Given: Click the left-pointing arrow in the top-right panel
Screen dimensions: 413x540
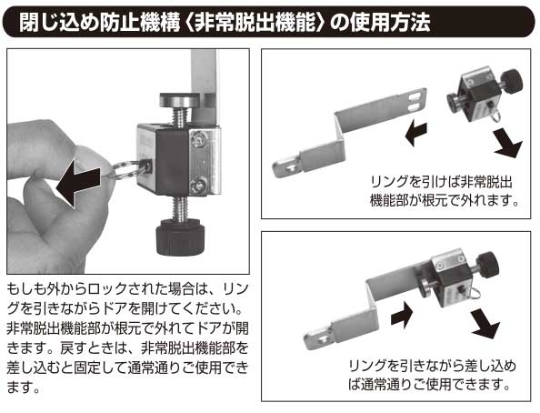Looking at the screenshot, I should coord(417,134).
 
